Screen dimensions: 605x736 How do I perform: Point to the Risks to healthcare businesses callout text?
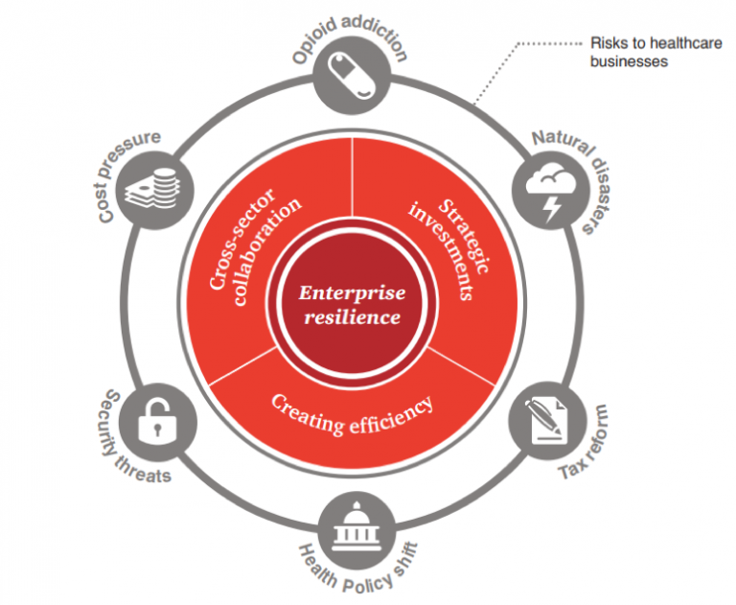pyautogui.click(x=628, y=53)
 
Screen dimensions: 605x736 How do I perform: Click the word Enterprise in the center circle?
pyautogui.click(x=350, y=292)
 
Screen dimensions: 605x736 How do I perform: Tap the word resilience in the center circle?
pyautogui.click(x=350, y=316)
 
